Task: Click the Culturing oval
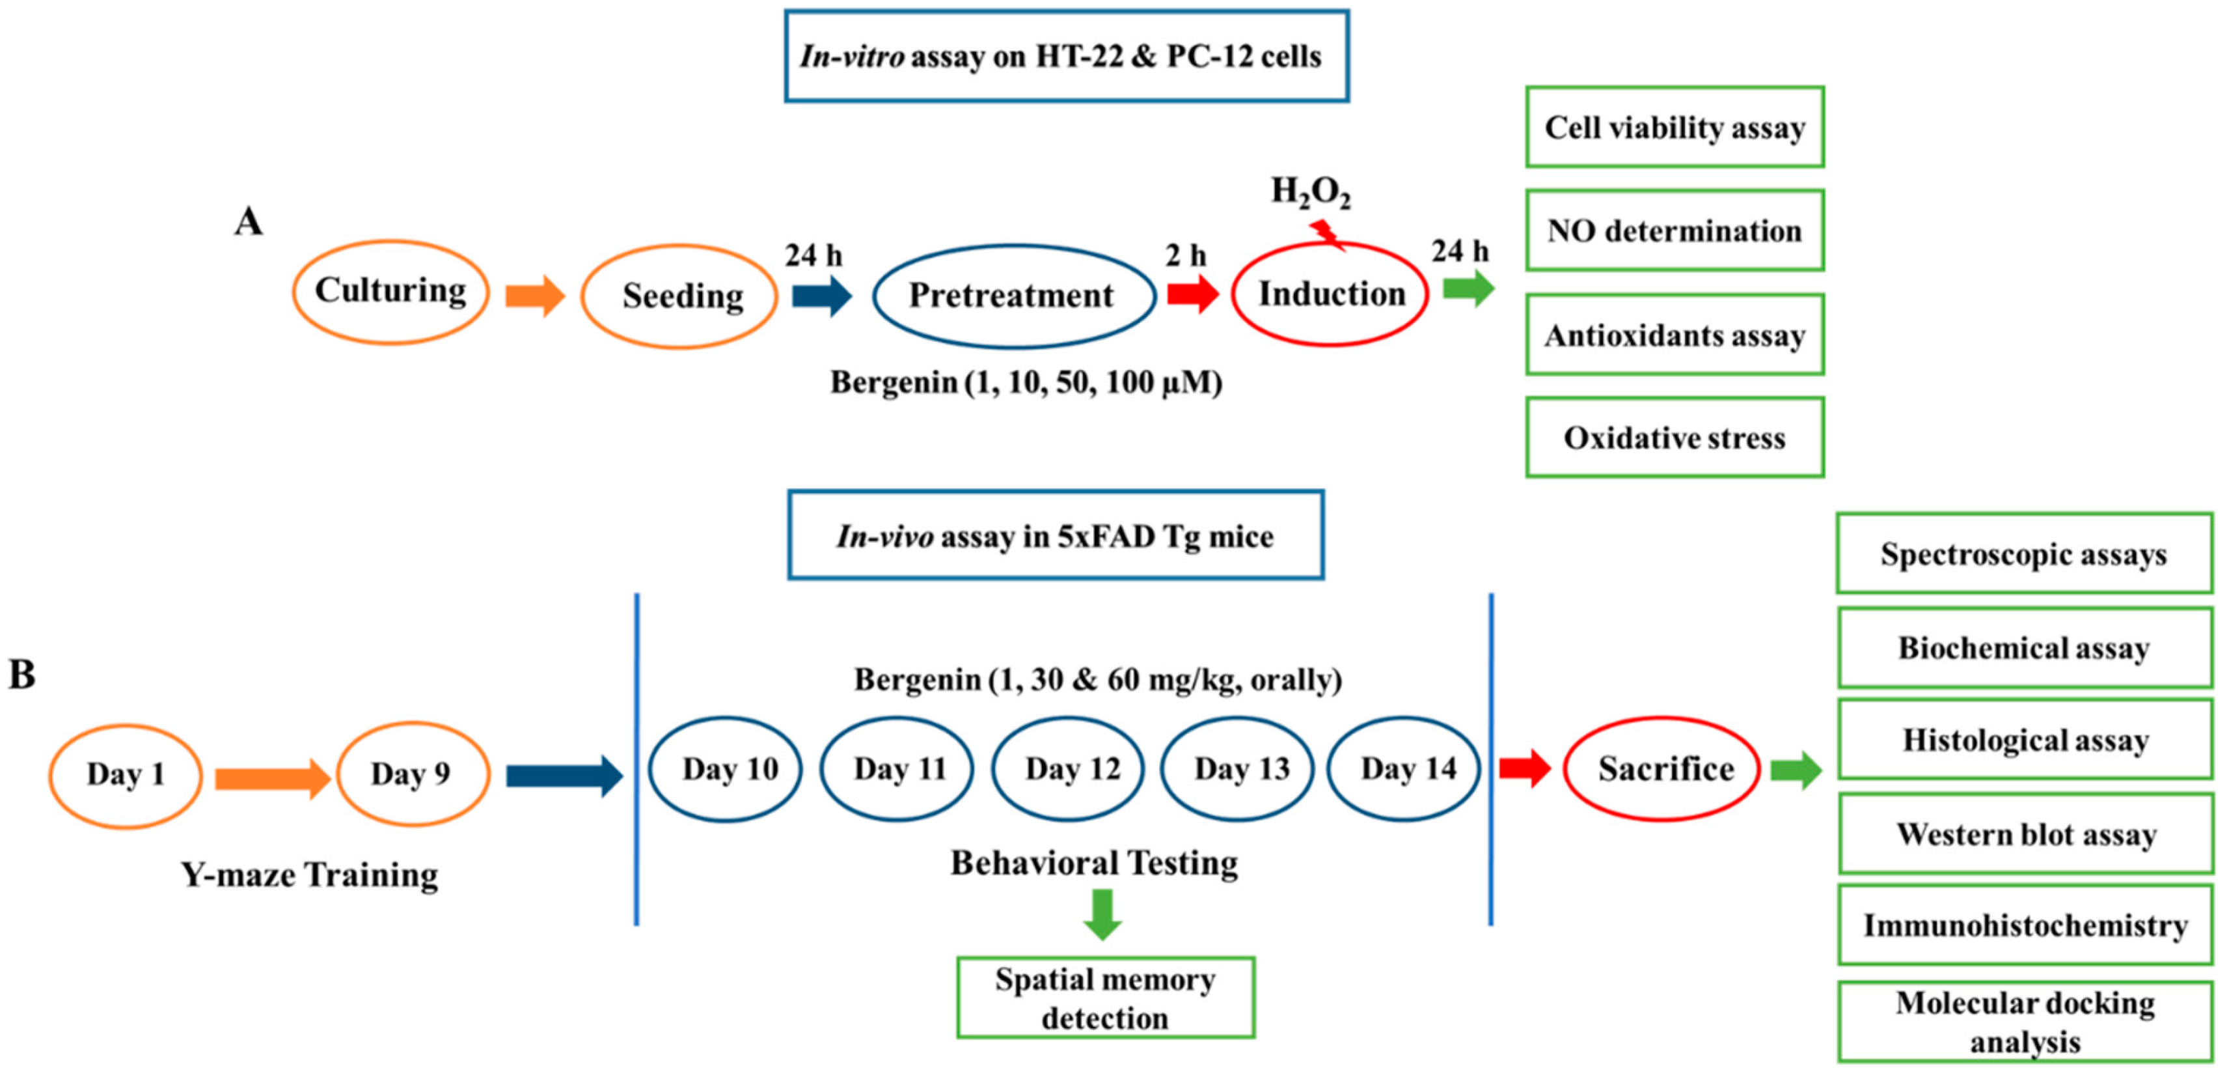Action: click(390, 292)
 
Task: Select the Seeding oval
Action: click(679, 296)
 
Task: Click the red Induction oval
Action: click(1330, 294)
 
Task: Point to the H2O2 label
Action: click(1309, 192)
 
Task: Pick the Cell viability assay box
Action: click(1675, 127)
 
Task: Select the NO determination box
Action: click(1675, 231)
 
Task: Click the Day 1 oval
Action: click(126, 775)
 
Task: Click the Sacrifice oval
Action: click(1662, 768)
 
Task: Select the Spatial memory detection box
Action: click(1105, 997)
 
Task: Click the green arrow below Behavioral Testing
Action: click(1102, 914)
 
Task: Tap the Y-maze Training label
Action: click(309, 874)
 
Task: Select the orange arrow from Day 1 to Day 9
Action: click(271, 778)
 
